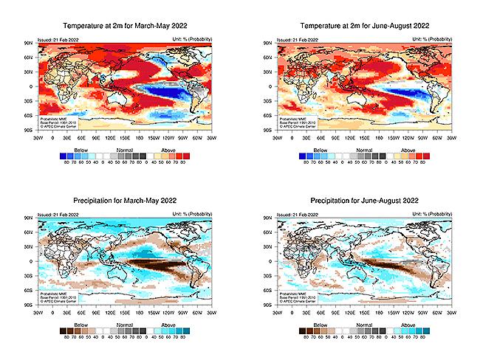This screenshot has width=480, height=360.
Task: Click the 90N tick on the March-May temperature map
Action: [x=28, y=44]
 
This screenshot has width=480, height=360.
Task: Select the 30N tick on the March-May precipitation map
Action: [x=28, y=247]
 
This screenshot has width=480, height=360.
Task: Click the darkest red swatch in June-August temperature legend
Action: [x=426, y=155]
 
